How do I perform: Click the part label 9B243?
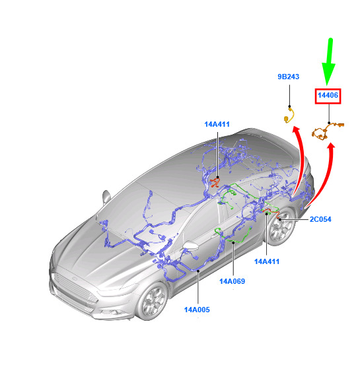[288, 77]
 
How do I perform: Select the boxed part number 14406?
[328, 95]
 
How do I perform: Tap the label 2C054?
[320, 219]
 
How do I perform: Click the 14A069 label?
[232, 281]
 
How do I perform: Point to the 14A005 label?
[197, 310]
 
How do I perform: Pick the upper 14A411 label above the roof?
[217, 124]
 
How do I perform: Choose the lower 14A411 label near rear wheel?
[267, 261]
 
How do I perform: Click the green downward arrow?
[329, 61]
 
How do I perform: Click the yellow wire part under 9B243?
[289, 116]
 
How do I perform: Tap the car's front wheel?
[153, 301]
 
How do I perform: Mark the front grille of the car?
[75, 288]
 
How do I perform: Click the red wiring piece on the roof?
[215, 182]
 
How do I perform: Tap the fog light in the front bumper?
[112, 312]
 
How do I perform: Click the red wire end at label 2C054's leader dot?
[279, 219]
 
